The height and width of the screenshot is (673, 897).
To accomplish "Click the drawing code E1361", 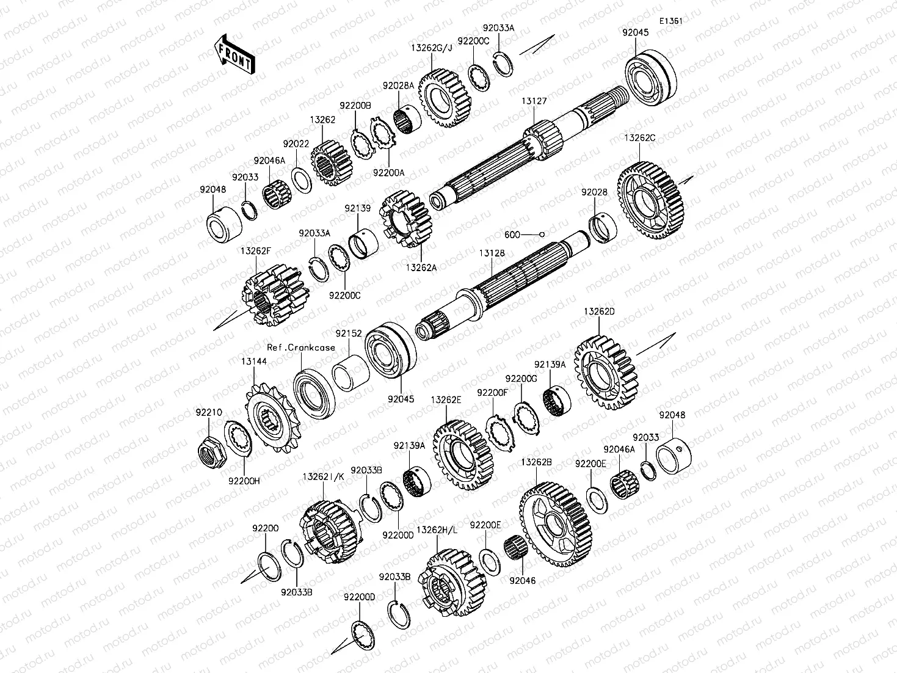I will click(x=670, y=21).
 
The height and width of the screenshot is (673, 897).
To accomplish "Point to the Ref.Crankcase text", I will click(x=300, y=347).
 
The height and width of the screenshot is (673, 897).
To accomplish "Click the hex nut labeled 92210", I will click(x=211, y=451).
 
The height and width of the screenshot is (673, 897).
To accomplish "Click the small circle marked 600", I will click(x=541, y=234).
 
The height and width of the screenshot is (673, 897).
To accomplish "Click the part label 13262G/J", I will click(x=431, y=48).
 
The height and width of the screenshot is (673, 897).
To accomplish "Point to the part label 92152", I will click(x=348, y=334).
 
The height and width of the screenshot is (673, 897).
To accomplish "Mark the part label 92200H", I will click(x=244, y=480).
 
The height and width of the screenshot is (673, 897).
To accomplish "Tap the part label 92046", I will click(x=522, y=581).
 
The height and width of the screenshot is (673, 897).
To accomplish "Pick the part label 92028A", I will click(x=398, y=86).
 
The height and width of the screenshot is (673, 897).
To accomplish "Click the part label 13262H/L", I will click(x=437, y=530).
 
